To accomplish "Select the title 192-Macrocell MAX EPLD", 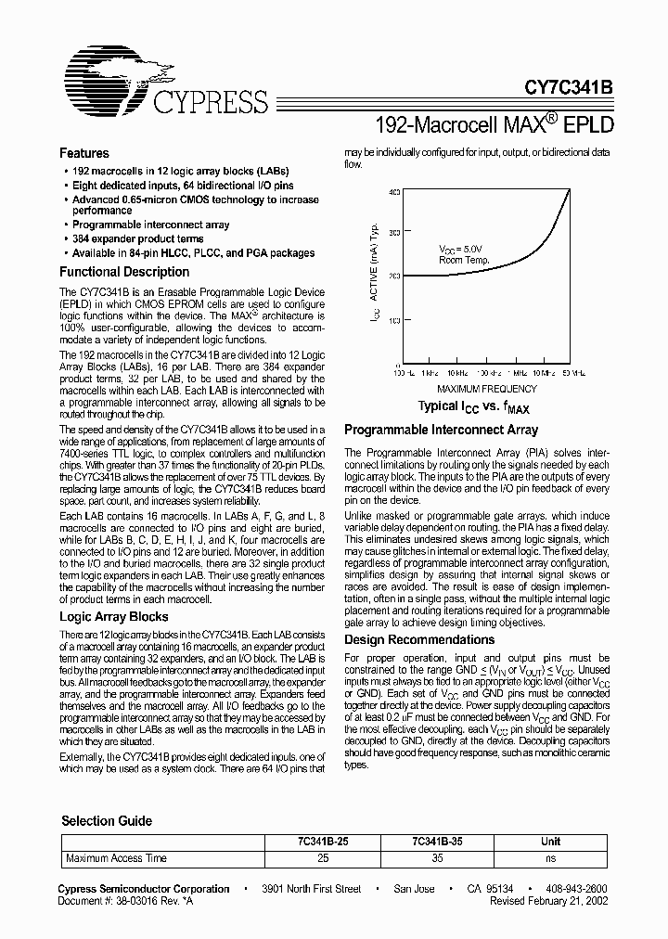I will [x=495, y=122].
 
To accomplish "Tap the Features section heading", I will [x=84, y=153].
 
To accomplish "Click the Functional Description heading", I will [x=124, y=272].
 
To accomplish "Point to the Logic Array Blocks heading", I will [x=114, y=616].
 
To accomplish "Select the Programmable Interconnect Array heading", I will [x=441, y=431].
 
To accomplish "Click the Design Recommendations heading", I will [x=419, y=640].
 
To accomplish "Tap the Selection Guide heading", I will [x=107, y=821].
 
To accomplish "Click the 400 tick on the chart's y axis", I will [x=393, y=192].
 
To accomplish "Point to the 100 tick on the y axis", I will [x=393, y=320].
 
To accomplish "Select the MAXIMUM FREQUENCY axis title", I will [x=486, y=388].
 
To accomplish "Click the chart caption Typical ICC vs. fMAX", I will [x=473, y=406].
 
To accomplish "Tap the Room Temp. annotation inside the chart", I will [x=464, y=261].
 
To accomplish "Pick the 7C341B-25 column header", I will [x=323, y=842].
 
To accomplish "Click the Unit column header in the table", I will [x=551, y=842].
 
